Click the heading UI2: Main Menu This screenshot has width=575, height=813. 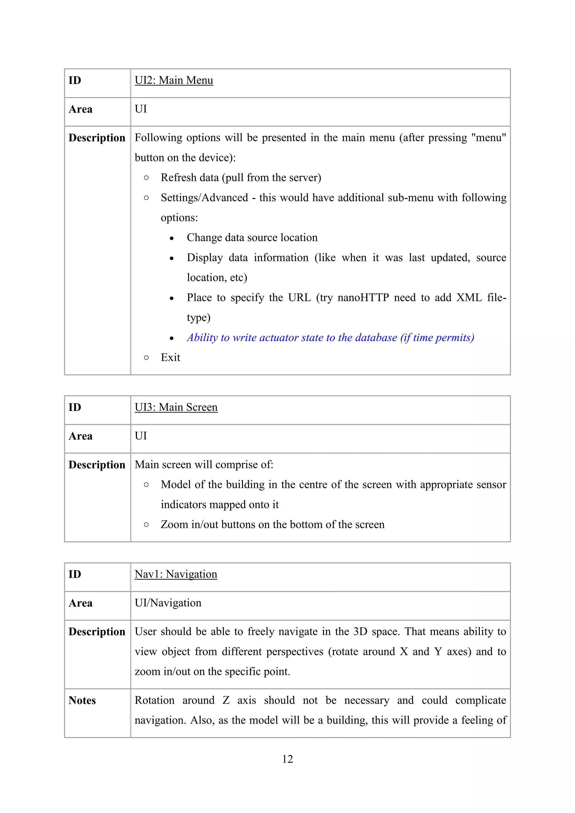pyautogui.click(x=174, y=80)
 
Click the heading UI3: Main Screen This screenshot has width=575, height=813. pyautogui.click(x=176, y=407)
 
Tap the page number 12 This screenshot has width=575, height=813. pyautogui.click(x=287, y=759)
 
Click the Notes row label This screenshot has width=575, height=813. pyautogui.click(x=82, y=700)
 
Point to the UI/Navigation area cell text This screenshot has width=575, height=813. pyautogui.click(x=168, y=603)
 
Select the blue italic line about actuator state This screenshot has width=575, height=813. pyautogui.click(x=330, y=337)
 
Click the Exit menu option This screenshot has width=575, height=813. pyautogui.click(x=170, y=357)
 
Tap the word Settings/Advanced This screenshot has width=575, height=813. pyautogui.click(x=204, y=198)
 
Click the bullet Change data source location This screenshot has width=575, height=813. pyautogui.click(x=252, y=237)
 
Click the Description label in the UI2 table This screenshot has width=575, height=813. pyautogui.click(x=97, y=138)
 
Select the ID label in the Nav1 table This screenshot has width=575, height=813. pyautogui.click(x=75, y=574)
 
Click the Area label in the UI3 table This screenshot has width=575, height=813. pyautogui.click(x=80, y=436)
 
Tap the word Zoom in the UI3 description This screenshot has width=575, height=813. pyautogui.click(x=174, y=524)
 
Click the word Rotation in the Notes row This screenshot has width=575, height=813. pyautogui.click(x=155, y=700)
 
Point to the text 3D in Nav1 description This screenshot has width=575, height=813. pyautogui.click(x=360, y=631)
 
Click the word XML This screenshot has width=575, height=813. pyautogui.click(x=469, y=298)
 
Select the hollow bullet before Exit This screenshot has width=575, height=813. pyautogui.click(x=146, y=358)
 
